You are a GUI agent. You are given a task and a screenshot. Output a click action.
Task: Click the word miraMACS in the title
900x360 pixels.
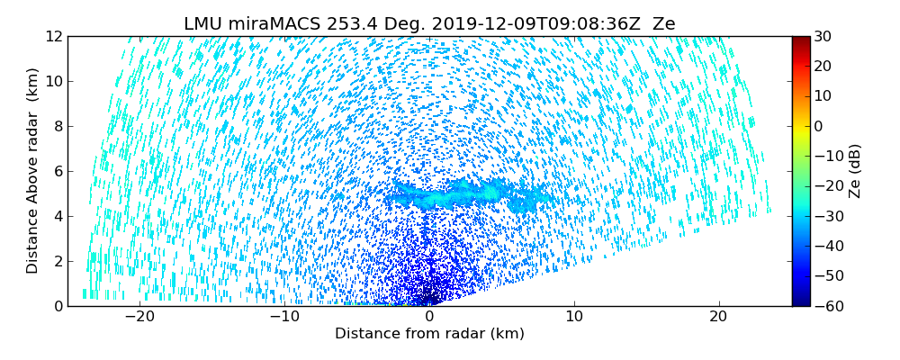pyautogui.click(x=268, y=24)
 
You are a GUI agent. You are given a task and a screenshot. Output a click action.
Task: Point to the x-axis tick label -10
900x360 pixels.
pyautogui.click(x=284, y=317)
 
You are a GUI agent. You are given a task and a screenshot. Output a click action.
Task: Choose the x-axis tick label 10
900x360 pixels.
pyautogui.click(x=574, y=317)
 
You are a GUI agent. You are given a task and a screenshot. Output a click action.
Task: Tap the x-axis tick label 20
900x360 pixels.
pyautogui.click(x=718, y=317)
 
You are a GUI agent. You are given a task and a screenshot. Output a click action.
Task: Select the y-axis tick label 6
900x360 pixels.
pyautogui.click(x=56, y=171)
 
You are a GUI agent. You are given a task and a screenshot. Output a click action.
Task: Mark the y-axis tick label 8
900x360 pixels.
pyautogui.click(x=56, y=126)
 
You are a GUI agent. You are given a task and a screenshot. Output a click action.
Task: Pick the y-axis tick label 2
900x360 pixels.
pyautogui.click(x=56, y=261)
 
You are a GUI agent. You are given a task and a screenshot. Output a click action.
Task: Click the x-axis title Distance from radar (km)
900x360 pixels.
pyautogui.click(x=429, y=334)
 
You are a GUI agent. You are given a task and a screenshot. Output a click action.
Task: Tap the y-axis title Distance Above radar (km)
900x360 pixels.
pyautogui.click(x=33, y=171)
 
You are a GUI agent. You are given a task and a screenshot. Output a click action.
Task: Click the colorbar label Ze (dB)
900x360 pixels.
pyautogui.click(x=855, y=171)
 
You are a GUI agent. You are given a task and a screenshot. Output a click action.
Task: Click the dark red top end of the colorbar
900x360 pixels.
pyautogui.click(x=800, y=40)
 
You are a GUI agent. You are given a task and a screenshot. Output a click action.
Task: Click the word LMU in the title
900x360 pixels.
pyautogui.click(x=203, y=24)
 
